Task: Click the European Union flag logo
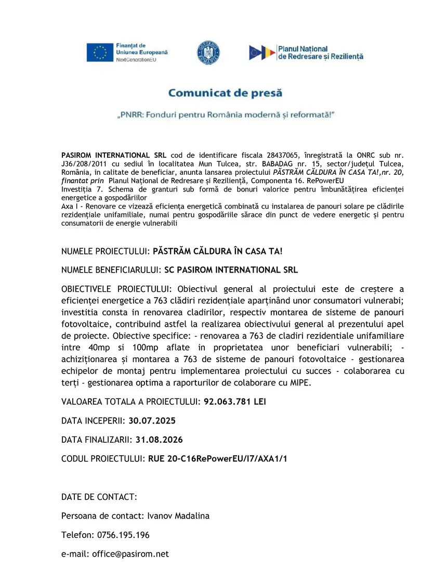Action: [100, 53]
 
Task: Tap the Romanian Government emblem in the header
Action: [208, 53]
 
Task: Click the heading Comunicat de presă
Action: [225, 94]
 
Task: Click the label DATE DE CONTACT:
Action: [99, 497]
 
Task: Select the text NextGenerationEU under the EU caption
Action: [136, 60]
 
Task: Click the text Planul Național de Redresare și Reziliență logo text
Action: [321, 53]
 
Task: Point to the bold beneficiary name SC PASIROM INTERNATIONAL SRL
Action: [231, 270]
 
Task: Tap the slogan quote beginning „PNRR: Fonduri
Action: [225, 114]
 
